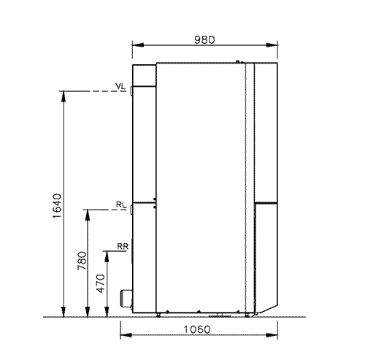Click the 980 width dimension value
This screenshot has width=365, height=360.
204,39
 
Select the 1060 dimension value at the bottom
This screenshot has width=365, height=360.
196,329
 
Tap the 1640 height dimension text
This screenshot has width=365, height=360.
57,206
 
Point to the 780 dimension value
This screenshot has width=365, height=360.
82,261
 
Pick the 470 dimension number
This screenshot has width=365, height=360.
101,283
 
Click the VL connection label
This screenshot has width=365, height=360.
120,86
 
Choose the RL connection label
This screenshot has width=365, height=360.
121,204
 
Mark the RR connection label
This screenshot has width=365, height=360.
123,246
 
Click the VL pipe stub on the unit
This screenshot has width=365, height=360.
131,91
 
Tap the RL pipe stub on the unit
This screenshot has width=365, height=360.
131,210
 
